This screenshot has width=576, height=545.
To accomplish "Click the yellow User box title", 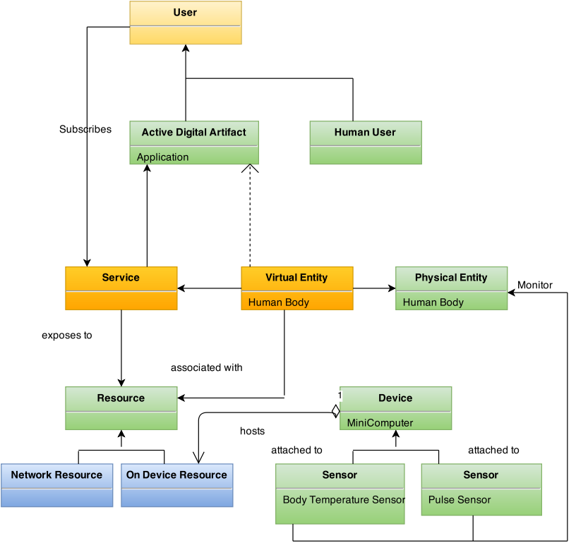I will pyautogui.click(x=185, y=13).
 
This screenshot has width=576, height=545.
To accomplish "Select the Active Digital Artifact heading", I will pyautogui.click(x=194, y=133).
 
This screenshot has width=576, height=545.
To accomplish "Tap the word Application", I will pyautogui.click(x=162, y=157).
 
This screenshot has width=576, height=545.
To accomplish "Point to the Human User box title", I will pyautogui.click(x=365, y=133).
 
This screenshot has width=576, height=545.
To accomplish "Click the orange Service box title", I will pyautogui.click(x=121, y=278).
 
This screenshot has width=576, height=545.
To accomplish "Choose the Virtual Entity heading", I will pyautogui.click(x=296, y=278).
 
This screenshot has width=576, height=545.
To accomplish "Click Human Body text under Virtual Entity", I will pyautogui.click(x=279, y=302).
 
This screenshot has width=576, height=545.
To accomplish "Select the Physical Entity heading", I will pyautogui.click(x=451, y=278).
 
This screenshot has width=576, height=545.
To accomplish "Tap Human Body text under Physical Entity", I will pyautogui.click(x=433, y=302).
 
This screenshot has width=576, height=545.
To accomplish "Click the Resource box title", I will pyautogui.click(x=121, y=398).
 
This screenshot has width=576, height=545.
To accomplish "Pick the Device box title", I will pyautogui.click(x=395, y=398).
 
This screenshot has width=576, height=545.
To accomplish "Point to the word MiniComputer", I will pyautogui.click(x=380, y=423).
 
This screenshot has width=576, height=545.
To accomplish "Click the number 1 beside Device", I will pyautogui.click(x=340, y=396).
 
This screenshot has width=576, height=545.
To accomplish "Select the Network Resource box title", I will pyautogui.click(x=56, y=475).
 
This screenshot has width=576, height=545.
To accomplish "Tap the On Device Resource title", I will pyautogui.click(x=176, y=475).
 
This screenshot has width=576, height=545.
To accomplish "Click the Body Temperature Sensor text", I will pyautogui.click(x=344, y=500).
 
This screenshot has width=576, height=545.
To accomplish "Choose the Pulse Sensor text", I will pyautogui.click(x=460, y=500).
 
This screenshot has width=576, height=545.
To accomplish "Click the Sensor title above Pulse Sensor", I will pyautogui.click(x=481, y=475).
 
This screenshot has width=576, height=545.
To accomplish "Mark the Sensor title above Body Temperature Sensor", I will pyautogui.click(x=340, y=475).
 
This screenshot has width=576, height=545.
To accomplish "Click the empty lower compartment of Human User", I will pyautogui.click(x=365, y=155).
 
